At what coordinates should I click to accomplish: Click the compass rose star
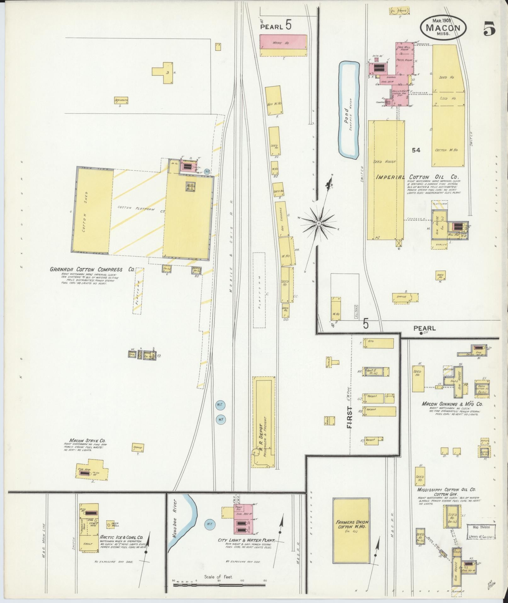(319, 223)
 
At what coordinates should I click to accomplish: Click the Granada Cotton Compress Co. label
(92, 270)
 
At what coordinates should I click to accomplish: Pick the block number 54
(416, 150)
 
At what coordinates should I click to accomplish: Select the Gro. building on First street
(378, 343)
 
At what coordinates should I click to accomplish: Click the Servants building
(121, 101)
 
